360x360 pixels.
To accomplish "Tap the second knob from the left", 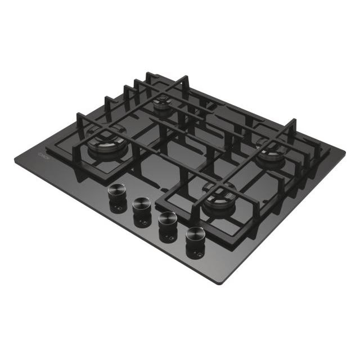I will click(142, 205).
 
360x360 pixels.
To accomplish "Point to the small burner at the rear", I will click(163, 103).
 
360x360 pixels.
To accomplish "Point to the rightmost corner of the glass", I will click(345, 151).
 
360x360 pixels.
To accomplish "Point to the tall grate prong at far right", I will click(293, 127).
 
